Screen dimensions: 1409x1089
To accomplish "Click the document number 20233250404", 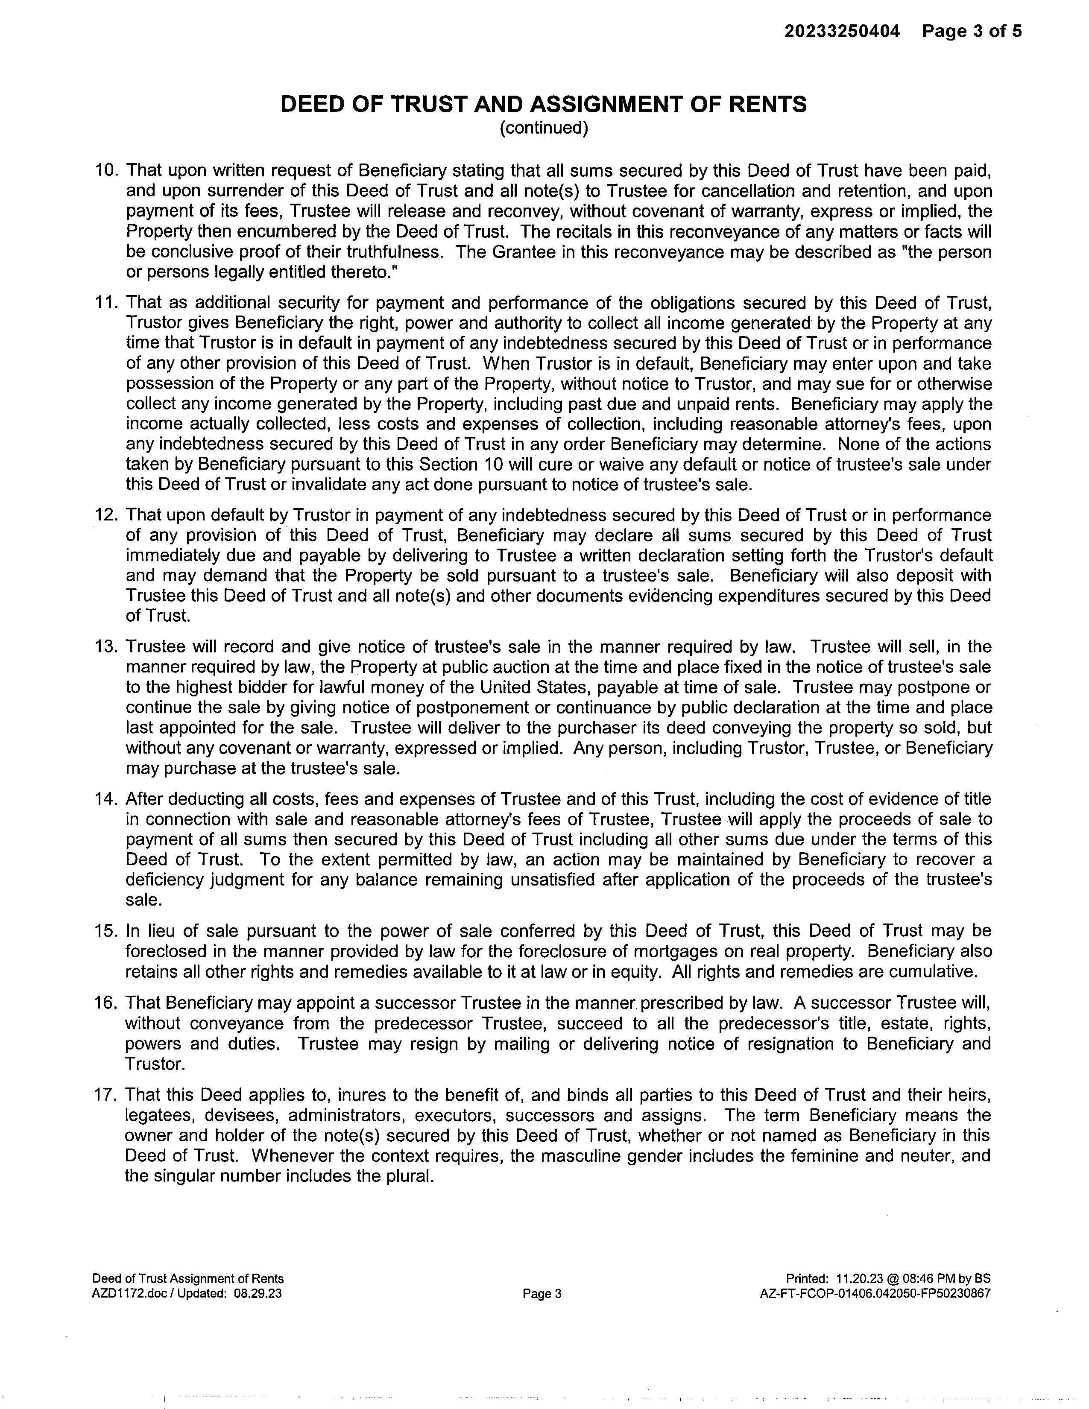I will (x=841, y=31).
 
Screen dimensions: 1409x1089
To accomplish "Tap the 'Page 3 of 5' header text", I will (x=972, y=31).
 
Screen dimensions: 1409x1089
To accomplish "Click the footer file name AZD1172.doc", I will (x=130, y=1294).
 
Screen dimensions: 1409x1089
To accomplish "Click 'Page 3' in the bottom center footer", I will (x=542, y=1294).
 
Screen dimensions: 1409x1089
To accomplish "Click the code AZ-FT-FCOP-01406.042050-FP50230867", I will (x=875, y=1294).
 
